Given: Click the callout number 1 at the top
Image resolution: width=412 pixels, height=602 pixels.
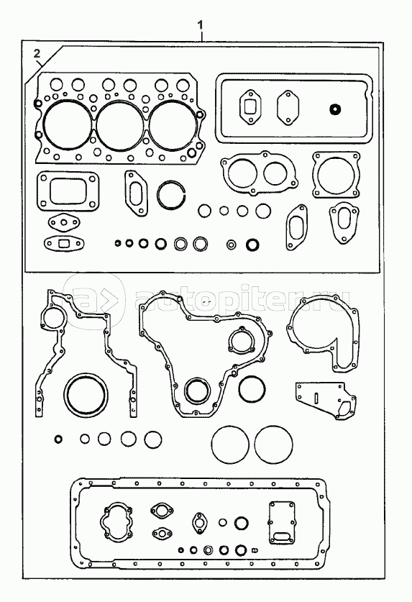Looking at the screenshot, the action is (200, 25).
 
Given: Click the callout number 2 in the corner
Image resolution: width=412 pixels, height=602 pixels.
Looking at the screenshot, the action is (37, 53).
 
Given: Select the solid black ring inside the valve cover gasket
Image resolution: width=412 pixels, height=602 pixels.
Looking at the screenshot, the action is (335, 109).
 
